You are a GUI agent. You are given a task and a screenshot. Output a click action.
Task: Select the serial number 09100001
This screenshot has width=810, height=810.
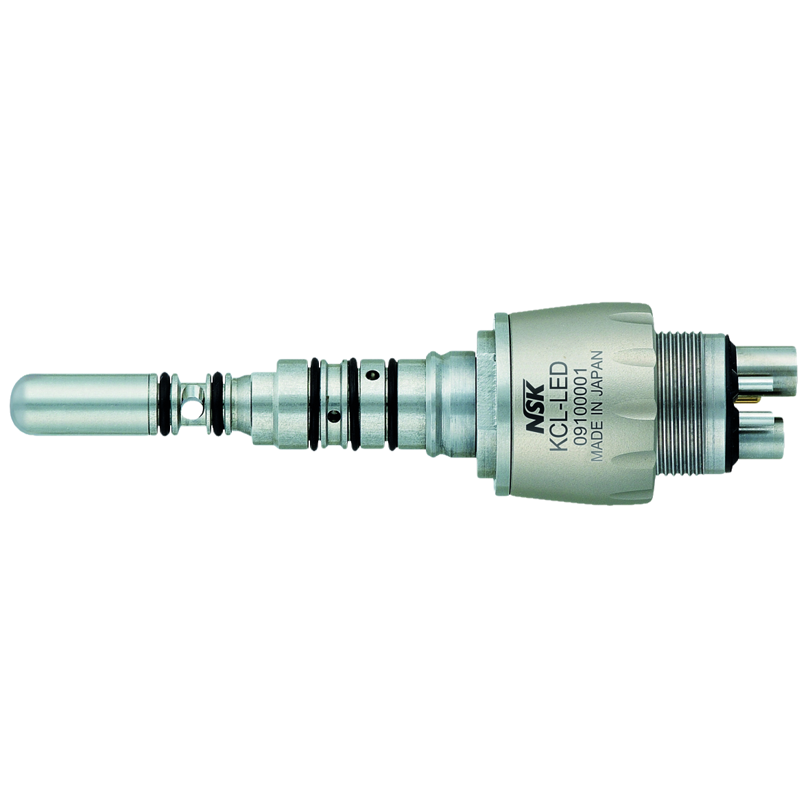[x=580, y=402]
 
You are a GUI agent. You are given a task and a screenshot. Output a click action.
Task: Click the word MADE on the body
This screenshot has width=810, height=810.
[x=596, y=446]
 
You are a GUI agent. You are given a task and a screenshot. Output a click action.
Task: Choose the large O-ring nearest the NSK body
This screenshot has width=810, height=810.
[x=392, y=405]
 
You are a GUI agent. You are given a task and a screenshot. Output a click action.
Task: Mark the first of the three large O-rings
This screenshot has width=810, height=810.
[x=314, y=405]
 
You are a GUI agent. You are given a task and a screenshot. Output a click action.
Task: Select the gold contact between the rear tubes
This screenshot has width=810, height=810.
[x=745, y=397]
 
